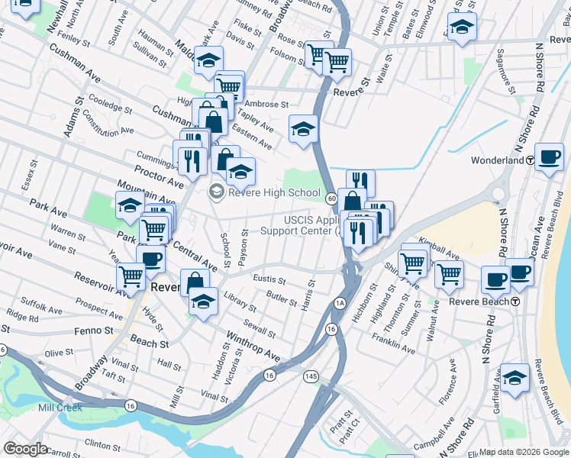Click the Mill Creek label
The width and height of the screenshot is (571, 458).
click(59, 408)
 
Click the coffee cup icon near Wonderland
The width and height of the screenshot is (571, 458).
click(549, 157)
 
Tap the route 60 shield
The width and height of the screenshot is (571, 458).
click(331, 198)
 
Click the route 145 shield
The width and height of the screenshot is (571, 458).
click(310, 376)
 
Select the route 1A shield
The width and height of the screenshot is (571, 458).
click(340, 303)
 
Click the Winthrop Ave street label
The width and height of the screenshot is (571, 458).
click(253, 346)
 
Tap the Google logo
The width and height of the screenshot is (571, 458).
click(26, 449)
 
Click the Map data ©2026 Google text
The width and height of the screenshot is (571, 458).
click(524, 452)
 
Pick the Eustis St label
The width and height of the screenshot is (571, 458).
click(269, 280)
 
